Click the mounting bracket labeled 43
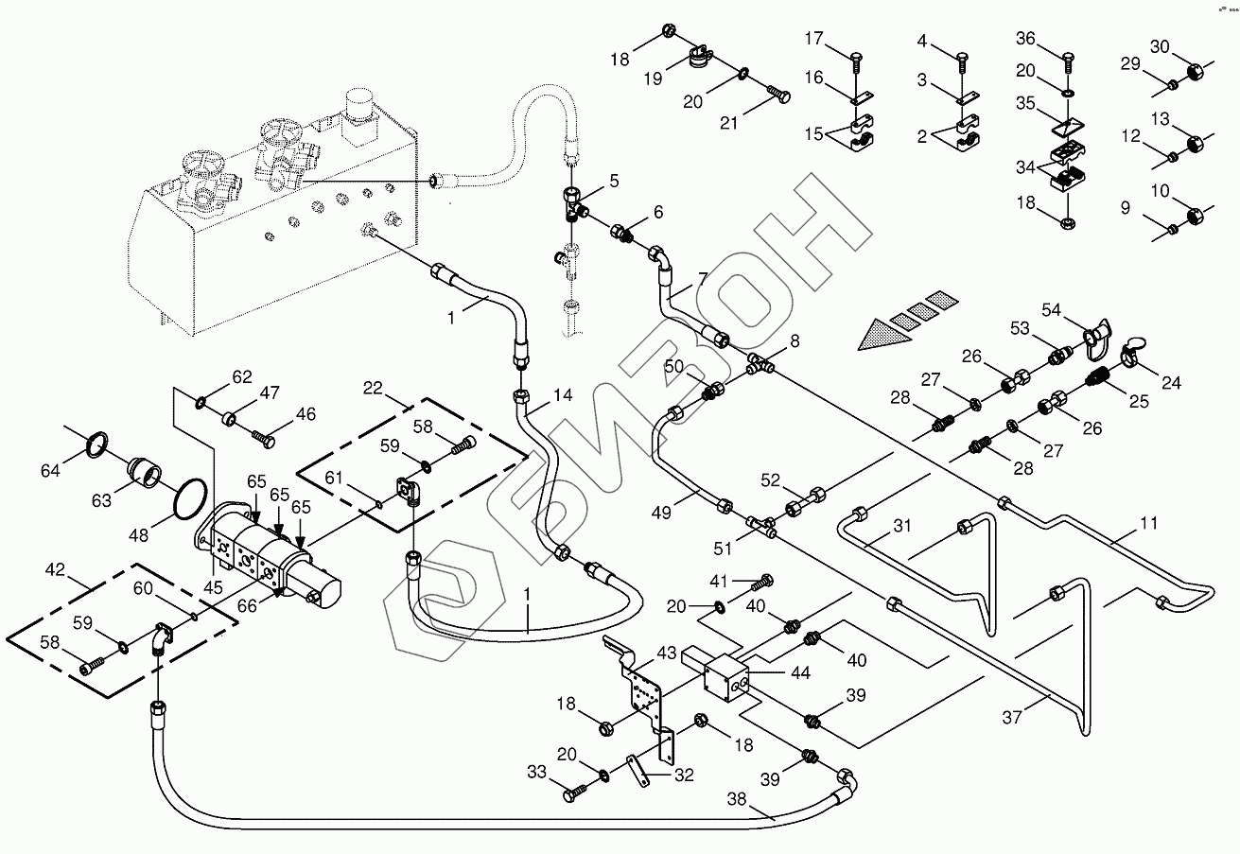point(643,690)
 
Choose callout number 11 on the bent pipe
point(1123,523)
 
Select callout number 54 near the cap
point(1053,310)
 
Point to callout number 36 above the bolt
point(1026,40)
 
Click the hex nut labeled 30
point(1194,69)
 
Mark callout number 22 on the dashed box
point(373,389)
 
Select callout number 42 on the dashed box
point(55,570)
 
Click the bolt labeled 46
point(265,440)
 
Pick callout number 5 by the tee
point(614,180)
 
